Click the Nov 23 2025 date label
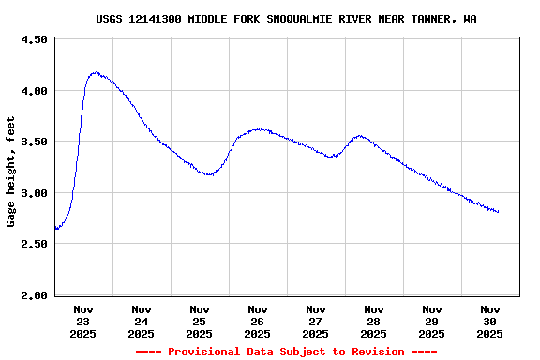[83, 321]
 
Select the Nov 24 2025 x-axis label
[142, 321]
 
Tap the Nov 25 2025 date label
[200, 321]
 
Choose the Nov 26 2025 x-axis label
[258, 321]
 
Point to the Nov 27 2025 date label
[316, 321]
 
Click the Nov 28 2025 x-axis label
[374, 321]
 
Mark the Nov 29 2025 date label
[432, 321]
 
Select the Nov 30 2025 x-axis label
[490, 321]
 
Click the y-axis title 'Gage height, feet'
[11, 172]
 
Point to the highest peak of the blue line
[95, 72]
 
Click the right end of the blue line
[498, 212]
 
